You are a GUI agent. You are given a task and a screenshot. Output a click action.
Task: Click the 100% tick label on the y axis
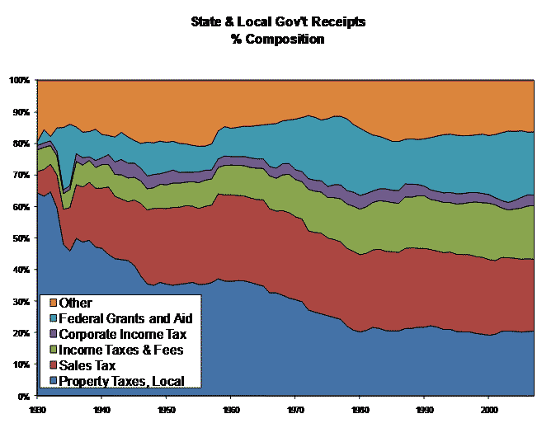(x=20, y=80)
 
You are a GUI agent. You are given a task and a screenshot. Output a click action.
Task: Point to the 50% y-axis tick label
(x=21, y=238)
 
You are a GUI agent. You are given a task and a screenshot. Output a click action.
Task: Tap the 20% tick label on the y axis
(x=21, y=333)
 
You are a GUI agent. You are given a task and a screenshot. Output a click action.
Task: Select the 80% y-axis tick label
(x=21, y=143)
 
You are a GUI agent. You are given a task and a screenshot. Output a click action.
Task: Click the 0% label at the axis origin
(x=24, y=397)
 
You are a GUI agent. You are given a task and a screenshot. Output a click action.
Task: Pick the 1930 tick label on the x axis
(x=36, y=408)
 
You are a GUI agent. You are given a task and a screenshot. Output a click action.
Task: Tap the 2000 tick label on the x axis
(x=488, y=408)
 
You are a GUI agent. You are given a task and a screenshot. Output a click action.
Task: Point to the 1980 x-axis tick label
(x=359, y=408)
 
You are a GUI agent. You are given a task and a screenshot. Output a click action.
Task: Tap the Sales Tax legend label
(x=88, y=365)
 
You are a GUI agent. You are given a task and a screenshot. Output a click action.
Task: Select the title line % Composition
(x=278, y=38)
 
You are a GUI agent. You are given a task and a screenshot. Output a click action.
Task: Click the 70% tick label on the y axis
(x=21, y=175)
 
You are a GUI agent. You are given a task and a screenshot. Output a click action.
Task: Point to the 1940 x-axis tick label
(x=101, y=408)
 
